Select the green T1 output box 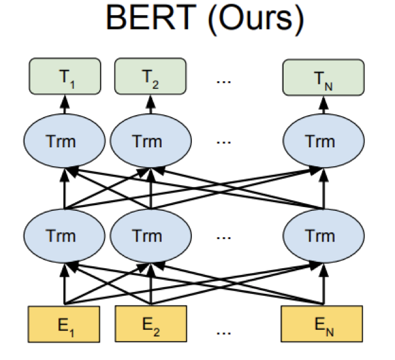click(x=64, y=77)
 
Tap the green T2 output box click(x=150, y=77)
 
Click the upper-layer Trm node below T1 click(x=64, y=141)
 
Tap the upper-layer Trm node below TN click(x=323, y=141)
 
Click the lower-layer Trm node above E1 click(x=64, y=236)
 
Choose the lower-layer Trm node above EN click(x=323, y=236)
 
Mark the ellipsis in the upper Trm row click(x=223, y=142)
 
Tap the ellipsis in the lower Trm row click(x=223, y=237)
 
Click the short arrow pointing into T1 click(x=64, y=104)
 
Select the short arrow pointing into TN click(x=323, y=104)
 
